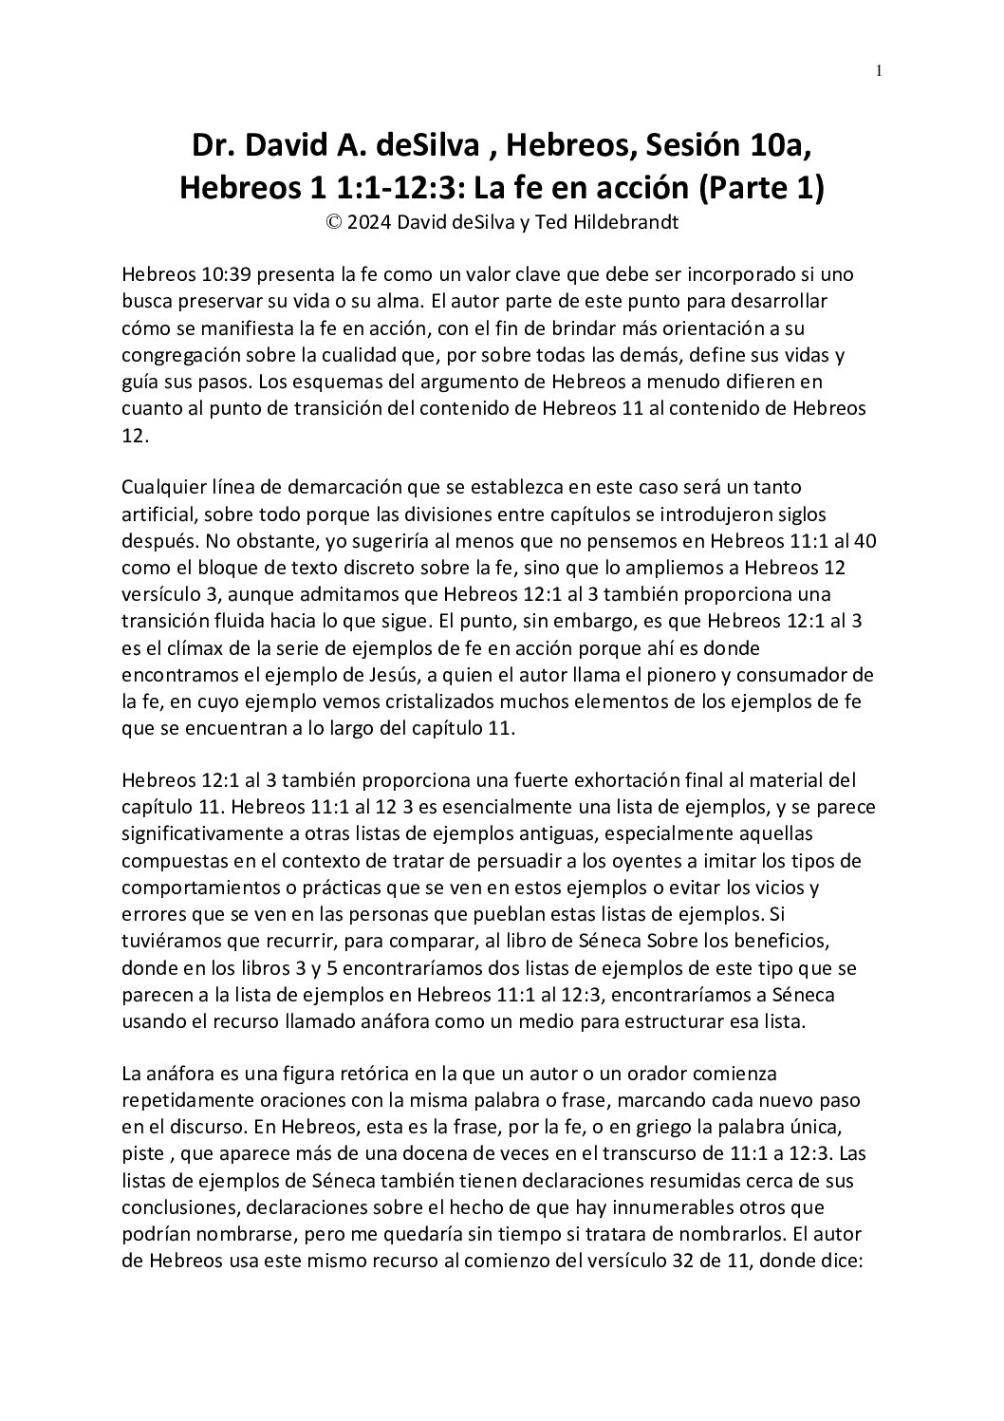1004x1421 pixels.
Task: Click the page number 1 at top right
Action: (879, 70)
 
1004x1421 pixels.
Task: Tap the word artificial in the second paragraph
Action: (158, 514)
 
